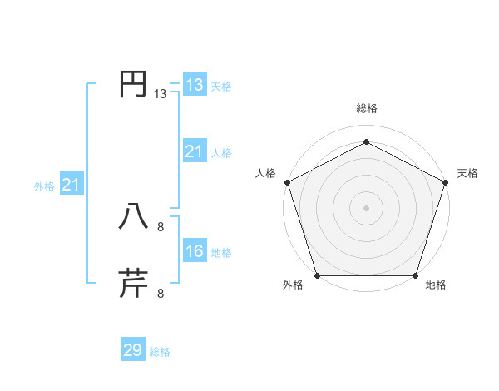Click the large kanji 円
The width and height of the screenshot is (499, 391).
click(133, 84)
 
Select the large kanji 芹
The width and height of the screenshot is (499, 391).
click(133, 283)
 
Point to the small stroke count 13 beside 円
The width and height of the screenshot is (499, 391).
click(161, 95)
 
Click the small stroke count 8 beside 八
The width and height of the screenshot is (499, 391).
click(161, 225)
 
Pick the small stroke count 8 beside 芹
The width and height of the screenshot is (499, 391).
click(161, 293)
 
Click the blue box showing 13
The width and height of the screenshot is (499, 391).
click(194, 85)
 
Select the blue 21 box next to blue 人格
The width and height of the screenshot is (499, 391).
click(194, 151)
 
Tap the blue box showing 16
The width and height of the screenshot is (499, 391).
click(194, 251)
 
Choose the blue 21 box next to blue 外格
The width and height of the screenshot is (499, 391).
click(71, 185)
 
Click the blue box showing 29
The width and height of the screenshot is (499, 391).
click(133, 350)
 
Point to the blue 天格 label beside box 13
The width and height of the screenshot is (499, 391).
click(221, 87)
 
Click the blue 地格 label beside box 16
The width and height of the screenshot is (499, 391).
click(221, 253)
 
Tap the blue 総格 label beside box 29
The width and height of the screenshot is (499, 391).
click(160, 352)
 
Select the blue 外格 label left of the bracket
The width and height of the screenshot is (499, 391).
click(44, 186)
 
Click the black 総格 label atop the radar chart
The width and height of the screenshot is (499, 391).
click(366, 109)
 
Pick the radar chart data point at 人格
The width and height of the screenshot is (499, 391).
click(287, 181)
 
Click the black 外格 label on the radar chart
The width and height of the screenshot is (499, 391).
click(293, 285)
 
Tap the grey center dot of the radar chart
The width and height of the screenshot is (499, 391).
click(366, 207)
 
